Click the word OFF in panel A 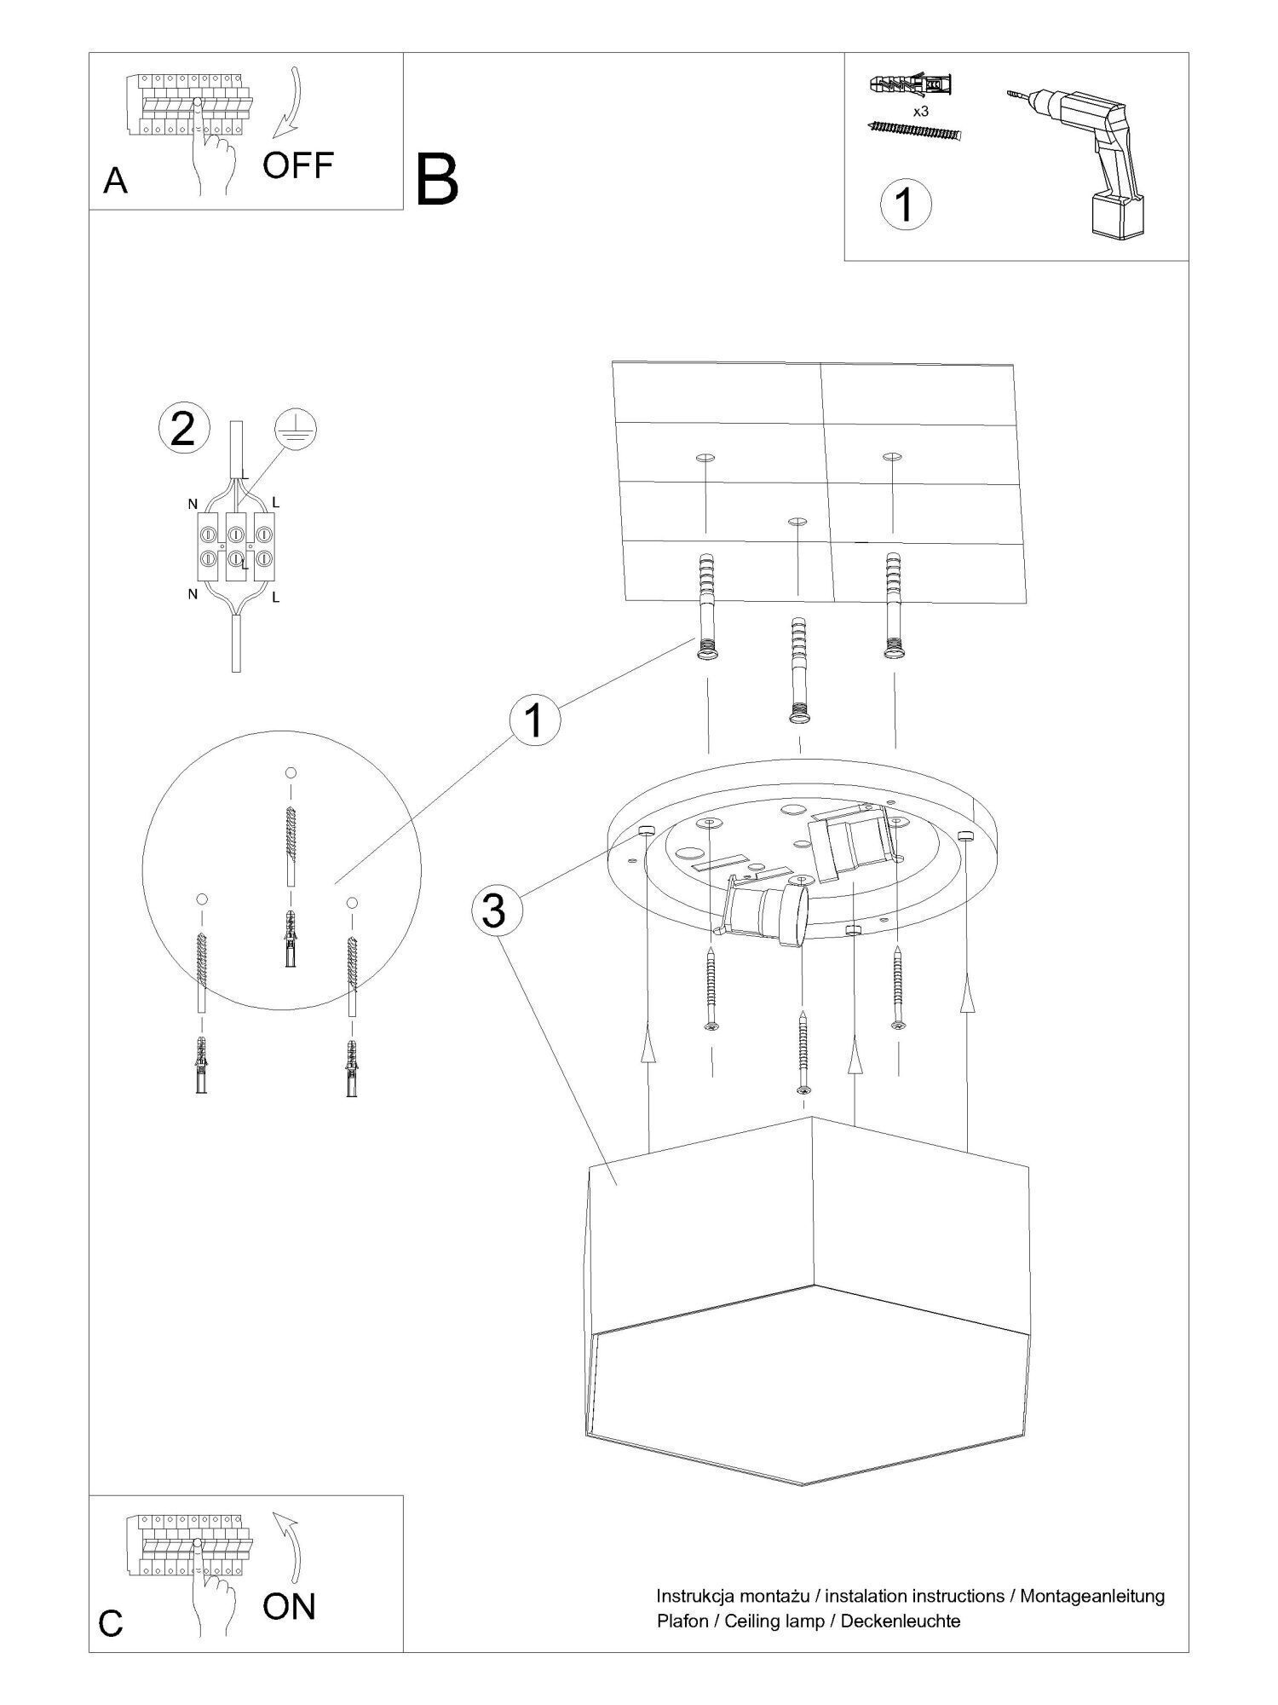(x=296, y=165)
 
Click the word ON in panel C (x=289, y=1606)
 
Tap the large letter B (x=438, y=180)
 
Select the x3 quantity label (x=920, y=112)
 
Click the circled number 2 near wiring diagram (x=183, y=429)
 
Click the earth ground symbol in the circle (x=296, y=430)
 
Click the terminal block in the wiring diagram (x=237, y=547)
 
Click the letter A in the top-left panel (x=115, y=181)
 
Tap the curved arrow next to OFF (x=291, y=103)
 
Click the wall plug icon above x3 (x=911, y=86)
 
